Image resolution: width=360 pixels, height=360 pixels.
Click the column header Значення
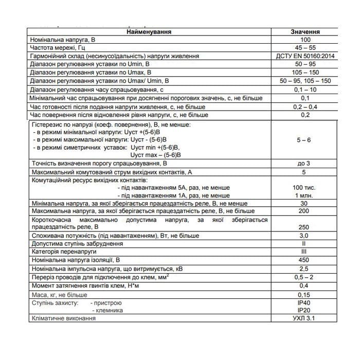click(x=305, y=31)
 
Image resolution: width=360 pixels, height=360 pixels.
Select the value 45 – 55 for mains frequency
click(x=305, y=47)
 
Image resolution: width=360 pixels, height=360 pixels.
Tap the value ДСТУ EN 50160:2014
click(x=305, y=56)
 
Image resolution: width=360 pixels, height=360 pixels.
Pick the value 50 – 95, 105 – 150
click(x=305, y=81)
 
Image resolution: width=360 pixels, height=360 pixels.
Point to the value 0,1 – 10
click(x=305, y=89)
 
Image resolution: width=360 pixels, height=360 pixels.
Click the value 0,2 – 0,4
click(x=305, y=106)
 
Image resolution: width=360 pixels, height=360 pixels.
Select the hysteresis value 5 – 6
click(x=305, y=139)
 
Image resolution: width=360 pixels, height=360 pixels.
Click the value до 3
click(x=305, y=164)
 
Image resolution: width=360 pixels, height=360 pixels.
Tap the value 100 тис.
click(x=305, y=188)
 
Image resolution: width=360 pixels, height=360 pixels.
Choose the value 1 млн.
click(x=305, y=196)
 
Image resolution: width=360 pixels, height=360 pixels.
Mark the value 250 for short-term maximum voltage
click(x=305, y=227)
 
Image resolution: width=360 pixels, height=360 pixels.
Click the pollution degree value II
click(x=305, y=244)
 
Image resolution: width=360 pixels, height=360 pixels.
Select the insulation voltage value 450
click(x=305, y=260)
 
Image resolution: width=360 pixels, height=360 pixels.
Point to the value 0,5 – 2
click(x=305, y=277)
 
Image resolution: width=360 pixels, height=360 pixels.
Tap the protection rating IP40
click(x=305, y=303)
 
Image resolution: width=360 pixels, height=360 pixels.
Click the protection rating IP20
click(x=305, y=311)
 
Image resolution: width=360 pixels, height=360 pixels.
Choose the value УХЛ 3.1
click(x=305, y=319)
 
